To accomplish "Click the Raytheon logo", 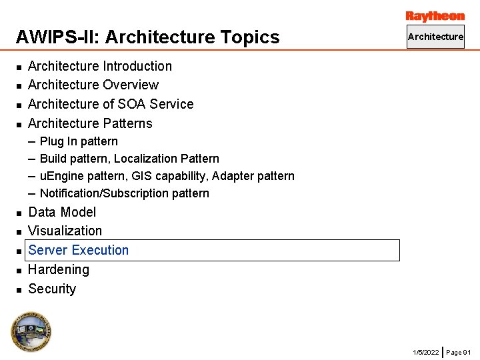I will [x=435, y=16].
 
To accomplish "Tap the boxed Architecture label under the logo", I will [x=435, y=37].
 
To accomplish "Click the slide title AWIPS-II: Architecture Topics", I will [x=147, y=37].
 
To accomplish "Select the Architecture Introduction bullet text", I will [x=100, y=66].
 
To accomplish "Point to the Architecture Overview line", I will [x=93, y=85].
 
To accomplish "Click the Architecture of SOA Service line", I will [x=111, y=104].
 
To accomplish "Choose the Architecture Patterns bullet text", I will [x=90, y=123].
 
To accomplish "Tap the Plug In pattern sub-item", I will [x=79, y=141].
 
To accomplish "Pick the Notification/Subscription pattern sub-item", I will [x=124, y=193].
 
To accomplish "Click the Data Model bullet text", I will [x=62, y=212].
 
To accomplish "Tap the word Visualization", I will [x=65, y=231].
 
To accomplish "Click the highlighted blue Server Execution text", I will [x=79, y=250].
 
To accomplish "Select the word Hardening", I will [x=59, y=269].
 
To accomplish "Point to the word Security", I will [x=52, y=289].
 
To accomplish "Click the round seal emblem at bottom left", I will [x=31, y=331].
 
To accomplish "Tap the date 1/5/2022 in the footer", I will [x=426, y=352].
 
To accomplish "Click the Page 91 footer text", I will [x=459, y=352].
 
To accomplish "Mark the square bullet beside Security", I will [x=19, y=289].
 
